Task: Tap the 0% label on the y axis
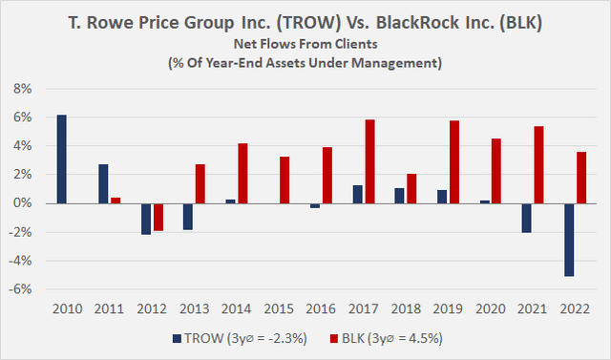22,203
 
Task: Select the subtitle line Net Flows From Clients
305,44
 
